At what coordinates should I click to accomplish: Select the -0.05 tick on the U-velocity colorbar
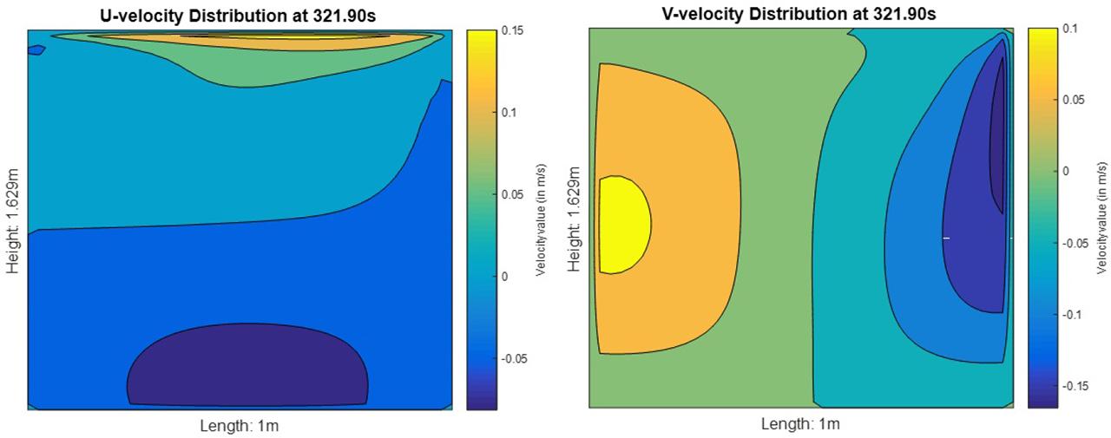pyautogui.click(x=516, y=357)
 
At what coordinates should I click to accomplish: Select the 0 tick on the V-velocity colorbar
pyautogui.click(x=1067, y=171)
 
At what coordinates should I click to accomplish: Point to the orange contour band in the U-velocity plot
pyautogui.click(x=243, y=40)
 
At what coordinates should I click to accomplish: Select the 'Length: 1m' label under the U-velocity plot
pyautogui.click(x=240, y=425)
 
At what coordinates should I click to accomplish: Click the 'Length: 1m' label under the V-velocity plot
pyautogui.click(x=800, y=424)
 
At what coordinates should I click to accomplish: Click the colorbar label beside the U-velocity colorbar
pyautogui.click(x=540, y=217)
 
